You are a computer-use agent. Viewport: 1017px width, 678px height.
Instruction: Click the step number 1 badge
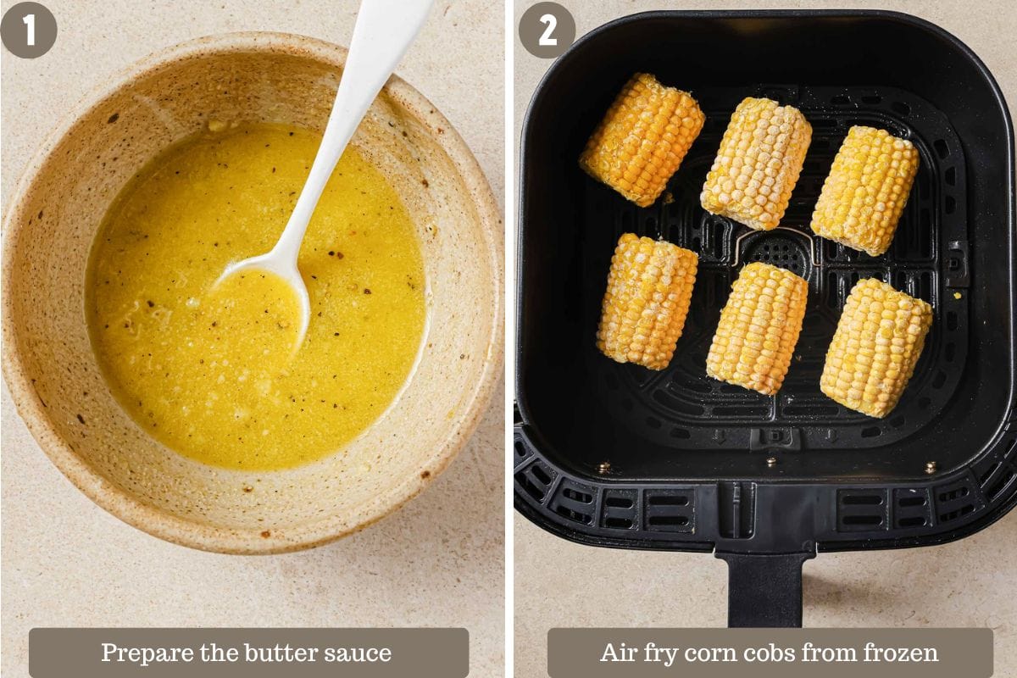(28, 30)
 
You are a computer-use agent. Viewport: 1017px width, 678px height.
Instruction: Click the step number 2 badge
(547, 30)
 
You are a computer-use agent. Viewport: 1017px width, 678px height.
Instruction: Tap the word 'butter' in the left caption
(286, 653)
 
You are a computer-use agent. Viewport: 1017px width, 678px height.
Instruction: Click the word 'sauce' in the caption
(362, 653)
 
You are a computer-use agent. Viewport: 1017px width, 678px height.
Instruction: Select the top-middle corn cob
(756, 163)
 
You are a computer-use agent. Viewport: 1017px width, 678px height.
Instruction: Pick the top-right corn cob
(864, 190)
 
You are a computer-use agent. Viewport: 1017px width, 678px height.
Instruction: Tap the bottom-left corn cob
(647, 301)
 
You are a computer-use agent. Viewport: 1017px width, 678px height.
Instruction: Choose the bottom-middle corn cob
(757, 328)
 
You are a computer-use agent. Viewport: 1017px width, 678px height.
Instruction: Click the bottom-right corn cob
(875, 347)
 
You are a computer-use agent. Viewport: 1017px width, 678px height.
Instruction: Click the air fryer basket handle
(765, 585)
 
